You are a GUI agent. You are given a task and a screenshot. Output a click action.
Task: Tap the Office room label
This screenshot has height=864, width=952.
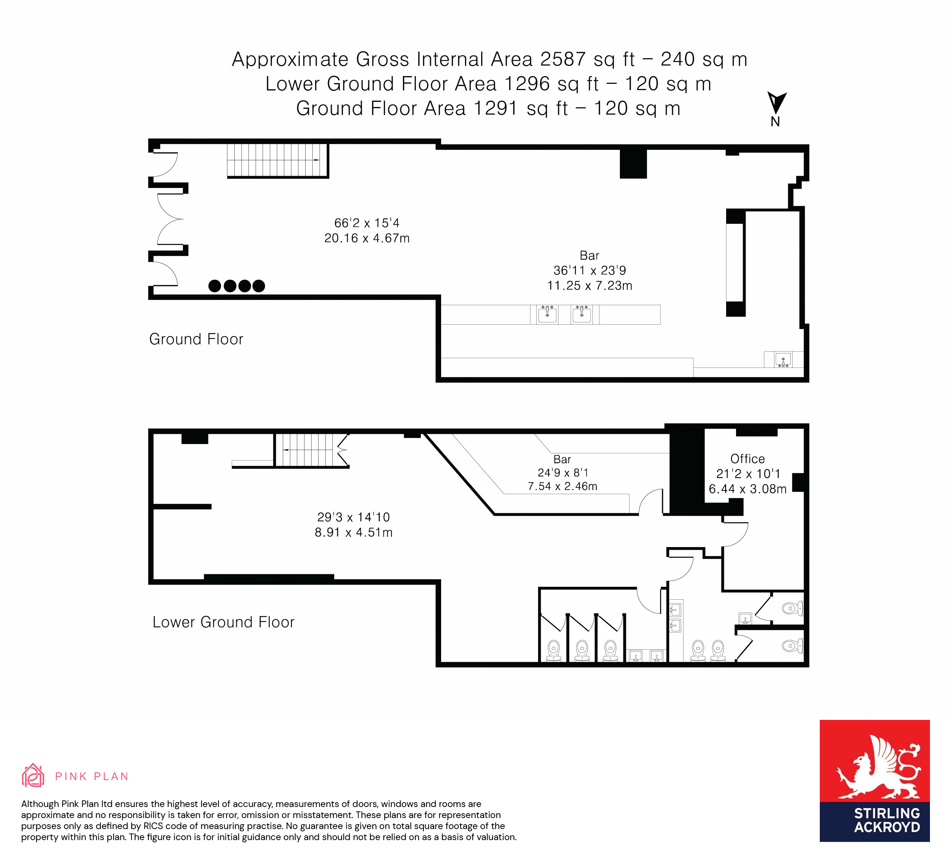[x=747, y=458]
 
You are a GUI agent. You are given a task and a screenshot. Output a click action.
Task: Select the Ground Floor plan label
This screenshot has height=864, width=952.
[x=196, y=339]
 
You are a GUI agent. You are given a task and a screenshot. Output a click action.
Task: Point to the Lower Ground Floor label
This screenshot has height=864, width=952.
[x=223, y=622]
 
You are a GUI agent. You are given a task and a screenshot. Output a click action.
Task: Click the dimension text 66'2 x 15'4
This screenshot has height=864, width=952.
[x=367, y=222]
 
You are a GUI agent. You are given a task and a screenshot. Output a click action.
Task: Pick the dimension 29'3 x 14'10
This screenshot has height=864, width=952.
[x=354, y=517]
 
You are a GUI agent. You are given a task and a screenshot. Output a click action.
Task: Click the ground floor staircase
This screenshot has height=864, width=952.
[x=277, y=160]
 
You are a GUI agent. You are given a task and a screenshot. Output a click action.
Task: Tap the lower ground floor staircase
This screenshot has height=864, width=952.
[x=312, y=450]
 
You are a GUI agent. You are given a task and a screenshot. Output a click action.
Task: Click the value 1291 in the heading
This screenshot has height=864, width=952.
[x=495, y=108]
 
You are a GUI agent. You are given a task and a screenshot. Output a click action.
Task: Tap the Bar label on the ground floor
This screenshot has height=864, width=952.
[x=589, y=256]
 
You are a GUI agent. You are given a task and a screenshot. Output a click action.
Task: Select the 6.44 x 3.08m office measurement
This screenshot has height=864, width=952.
[x=747, y=489]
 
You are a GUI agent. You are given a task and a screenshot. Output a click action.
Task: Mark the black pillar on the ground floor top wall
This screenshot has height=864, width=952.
[x=633, y=164]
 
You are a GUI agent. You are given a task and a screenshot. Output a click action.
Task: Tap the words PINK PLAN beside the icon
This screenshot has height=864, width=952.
[x=91, y=776]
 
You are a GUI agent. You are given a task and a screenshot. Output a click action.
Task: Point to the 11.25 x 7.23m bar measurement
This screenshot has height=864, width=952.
[x=589, y=285]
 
